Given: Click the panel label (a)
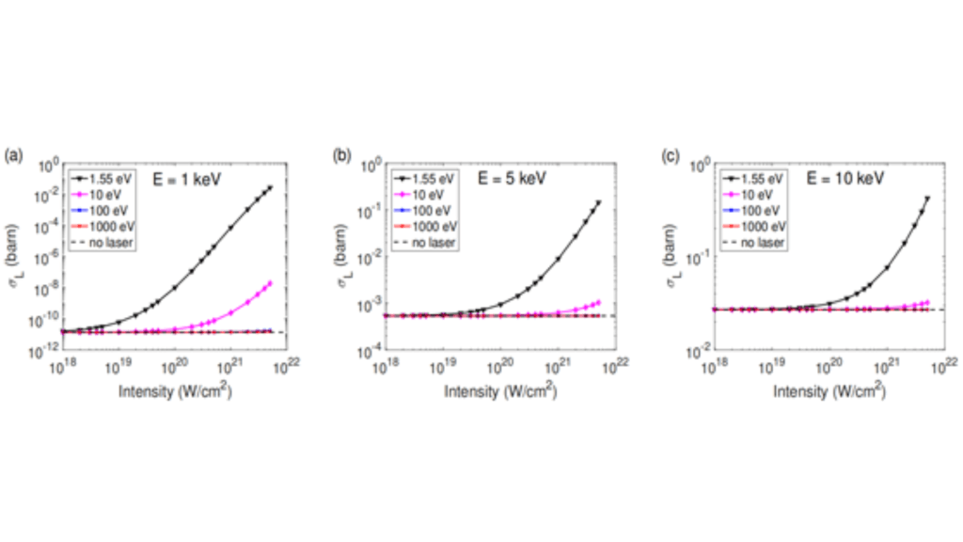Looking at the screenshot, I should (13, 153).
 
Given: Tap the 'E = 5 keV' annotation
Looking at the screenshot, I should (508, 177).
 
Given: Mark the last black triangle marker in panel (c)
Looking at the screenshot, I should (927, 199).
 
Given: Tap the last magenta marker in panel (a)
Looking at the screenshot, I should (269, 283).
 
